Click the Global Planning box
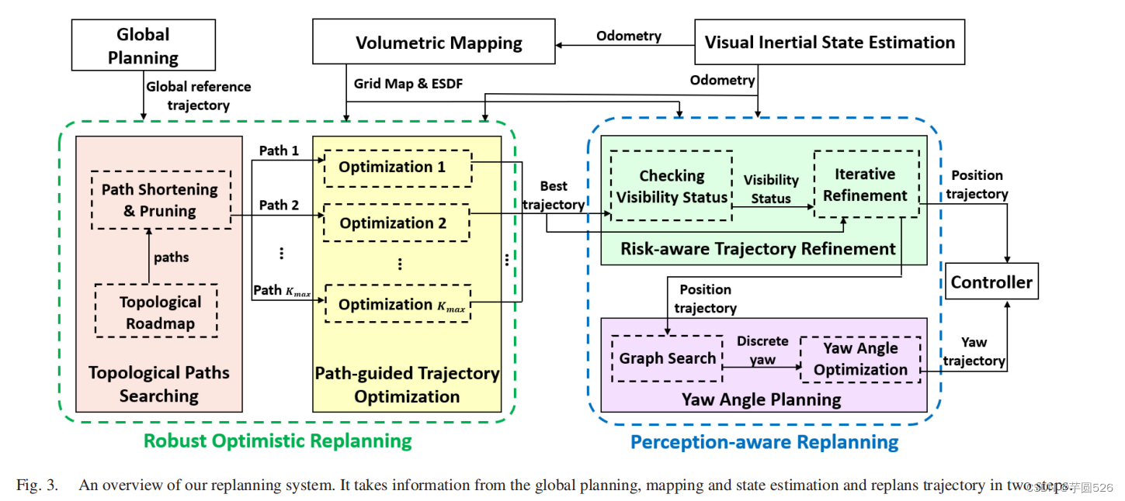click(x=143, y=46)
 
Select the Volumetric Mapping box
click(x=439, y=43)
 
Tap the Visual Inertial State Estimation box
click(x=829, y=43)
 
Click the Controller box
click(x=991, y=282)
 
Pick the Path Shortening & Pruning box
click(x=160, y=200)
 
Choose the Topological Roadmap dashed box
click(x=156, y=312)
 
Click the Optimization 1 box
click(x=397, y=168)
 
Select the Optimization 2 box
click(x=397, y=223)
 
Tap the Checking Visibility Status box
click(x=672, y=187)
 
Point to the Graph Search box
click(x=667, y=358)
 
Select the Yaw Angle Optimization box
click(x=860, y=359)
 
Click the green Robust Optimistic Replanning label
click(x=277, y=441)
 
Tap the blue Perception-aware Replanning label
click(x=764, y=443)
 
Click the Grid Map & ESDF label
click(x=408, y=83)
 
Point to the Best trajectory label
click(x=554, y=195)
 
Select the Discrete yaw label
click(x=762, y=351)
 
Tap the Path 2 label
click(x=279, y=206)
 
